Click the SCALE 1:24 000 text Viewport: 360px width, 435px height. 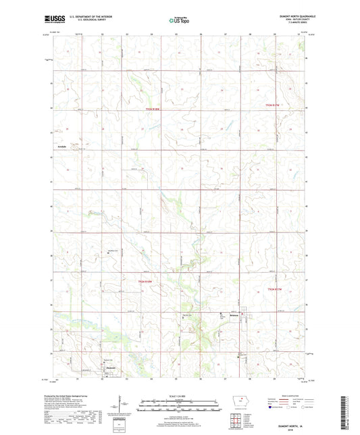pos(180,396)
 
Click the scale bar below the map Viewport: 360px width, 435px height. pos(180,407)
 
